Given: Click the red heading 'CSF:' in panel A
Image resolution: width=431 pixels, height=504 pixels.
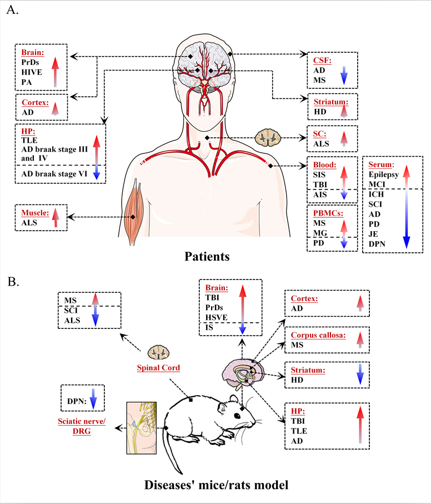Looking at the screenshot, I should [x=323, y=59].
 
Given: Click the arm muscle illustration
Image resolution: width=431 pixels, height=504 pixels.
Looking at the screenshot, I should [x=133, y=211].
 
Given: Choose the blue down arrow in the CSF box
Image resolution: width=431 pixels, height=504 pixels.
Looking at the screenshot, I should [x=344, y=75].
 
